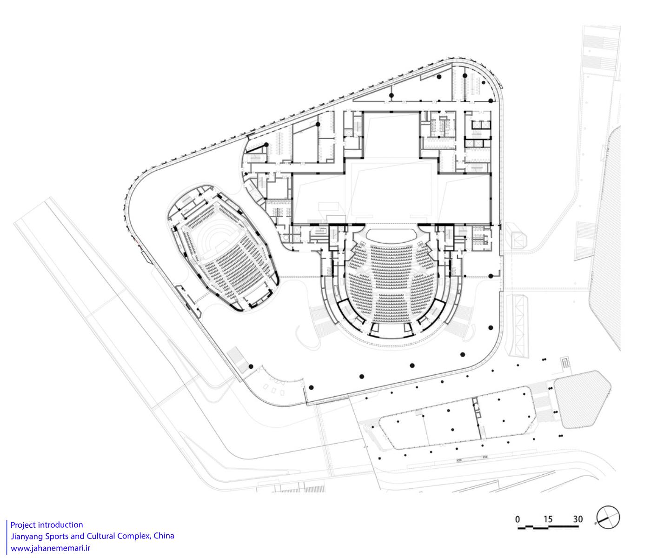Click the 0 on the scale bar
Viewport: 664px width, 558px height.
[518, 519]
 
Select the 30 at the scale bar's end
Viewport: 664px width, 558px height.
[578, 519]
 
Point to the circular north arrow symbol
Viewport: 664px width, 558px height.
[608, 517]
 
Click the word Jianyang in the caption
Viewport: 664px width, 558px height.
[26, 536]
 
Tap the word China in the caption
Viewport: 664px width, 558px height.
[164, 536]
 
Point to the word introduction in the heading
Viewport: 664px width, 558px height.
[60, 525]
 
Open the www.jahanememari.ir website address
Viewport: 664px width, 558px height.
[50, 548]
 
